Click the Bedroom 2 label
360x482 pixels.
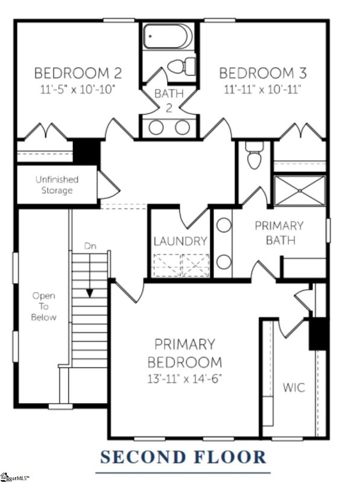(78, 74)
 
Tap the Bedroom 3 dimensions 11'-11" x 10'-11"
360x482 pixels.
(263, 89)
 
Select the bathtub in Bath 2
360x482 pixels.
(169, 37)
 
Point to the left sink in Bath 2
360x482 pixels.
(156, 128)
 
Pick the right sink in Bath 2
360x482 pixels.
(182, 128)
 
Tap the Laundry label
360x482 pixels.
(180, 241)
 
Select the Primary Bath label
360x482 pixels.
(279, 233)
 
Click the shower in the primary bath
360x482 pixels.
(300, 190)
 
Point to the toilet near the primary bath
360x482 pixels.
(254, 158)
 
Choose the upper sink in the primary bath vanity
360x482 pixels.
(224, 226)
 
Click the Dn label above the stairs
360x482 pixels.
(90, 246)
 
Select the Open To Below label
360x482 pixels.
(44, 307)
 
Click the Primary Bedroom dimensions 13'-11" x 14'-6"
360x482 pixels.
(185, 380)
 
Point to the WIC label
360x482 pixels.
(294, 388)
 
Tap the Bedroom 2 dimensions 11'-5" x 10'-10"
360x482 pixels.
(78, 89)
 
